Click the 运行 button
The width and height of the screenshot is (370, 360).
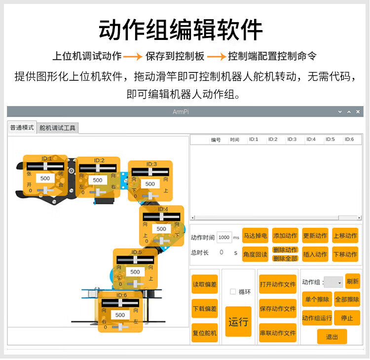click(238, 322)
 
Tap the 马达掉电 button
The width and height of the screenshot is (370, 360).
click(255, 236)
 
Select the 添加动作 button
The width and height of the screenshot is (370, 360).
click(285, 236)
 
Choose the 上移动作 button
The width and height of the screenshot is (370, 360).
click(345, 236)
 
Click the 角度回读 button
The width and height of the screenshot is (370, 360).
click(255, 254)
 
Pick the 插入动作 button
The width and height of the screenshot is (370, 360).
click(315, 254)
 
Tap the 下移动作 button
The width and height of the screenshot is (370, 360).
click(345, 254)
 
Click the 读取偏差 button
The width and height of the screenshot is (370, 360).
click(205, 284)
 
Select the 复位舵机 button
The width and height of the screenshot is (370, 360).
click(205, 333)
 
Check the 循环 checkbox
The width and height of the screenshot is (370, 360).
click(233, 291)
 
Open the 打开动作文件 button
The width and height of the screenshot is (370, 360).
click(278, 284)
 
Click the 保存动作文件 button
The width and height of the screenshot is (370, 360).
click(278, 309)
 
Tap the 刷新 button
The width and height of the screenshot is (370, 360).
click(353, 281)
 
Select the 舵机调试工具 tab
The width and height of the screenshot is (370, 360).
click(58, 128)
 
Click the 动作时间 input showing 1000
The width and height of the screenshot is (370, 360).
click(224, 237)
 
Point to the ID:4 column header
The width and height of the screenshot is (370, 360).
click(311, 140)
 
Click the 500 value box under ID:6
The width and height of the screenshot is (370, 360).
click(120, 315)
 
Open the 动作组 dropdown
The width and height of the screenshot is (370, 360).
click(334, 282)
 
